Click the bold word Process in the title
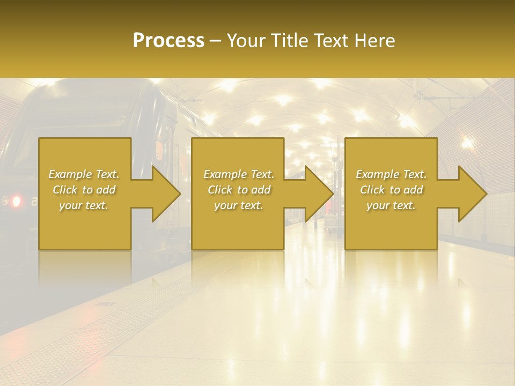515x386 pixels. [168, 41]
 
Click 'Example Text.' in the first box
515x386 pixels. [84, 174]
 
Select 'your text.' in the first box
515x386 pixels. [84, 205]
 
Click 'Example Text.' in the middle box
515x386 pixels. [239, 174]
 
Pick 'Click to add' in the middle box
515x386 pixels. [239, 190]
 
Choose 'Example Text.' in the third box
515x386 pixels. [391, 174]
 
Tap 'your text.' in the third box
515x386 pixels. [391, 205]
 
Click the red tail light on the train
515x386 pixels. [16, 202]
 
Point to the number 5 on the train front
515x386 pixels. [34, 202]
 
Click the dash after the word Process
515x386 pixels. [215, 41]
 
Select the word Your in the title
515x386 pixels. [245, 41]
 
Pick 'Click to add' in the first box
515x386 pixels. [84, 190]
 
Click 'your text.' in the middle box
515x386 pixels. [239, 205]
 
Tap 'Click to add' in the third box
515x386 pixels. [391, 190]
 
